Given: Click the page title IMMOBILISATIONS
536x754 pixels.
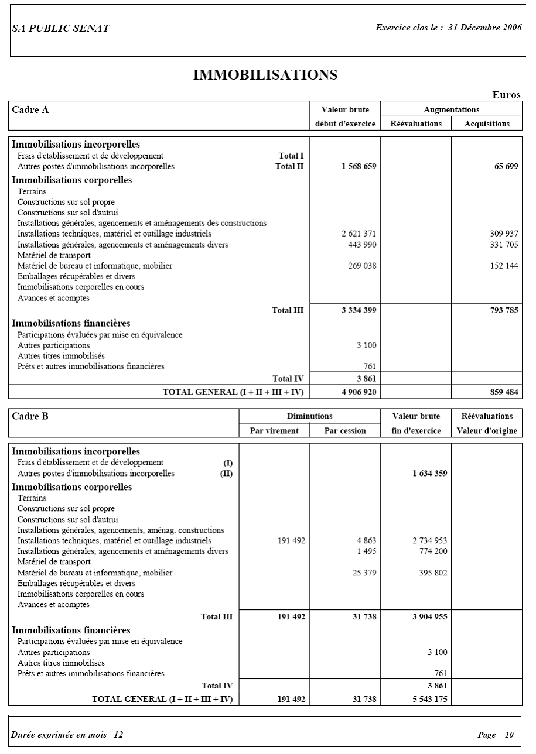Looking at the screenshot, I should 265,75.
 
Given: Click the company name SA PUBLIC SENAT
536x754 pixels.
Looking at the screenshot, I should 60,28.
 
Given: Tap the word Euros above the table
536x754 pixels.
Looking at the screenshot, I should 506,95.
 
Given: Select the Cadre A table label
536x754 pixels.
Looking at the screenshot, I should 30,109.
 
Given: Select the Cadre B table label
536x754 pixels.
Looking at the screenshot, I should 30,416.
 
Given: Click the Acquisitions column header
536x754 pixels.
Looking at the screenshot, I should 486,124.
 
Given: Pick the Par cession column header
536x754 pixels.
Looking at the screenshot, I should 345,431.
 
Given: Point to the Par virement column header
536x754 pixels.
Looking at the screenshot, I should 274,431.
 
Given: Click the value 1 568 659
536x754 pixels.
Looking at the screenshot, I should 359,167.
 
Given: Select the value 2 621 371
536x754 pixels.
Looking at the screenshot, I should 359,234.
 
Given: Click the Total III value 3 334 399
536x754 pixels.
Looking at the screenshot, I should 359,310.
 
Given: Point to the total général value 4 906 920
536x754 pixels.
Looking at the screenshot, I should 359,392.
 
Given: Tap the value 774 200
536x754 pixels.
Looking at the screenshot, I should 433,551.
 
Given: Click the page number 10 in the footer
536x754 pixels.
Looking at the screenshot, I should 509,735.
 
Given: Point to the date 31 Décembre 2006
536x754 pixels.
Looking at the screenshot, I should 484,28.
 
